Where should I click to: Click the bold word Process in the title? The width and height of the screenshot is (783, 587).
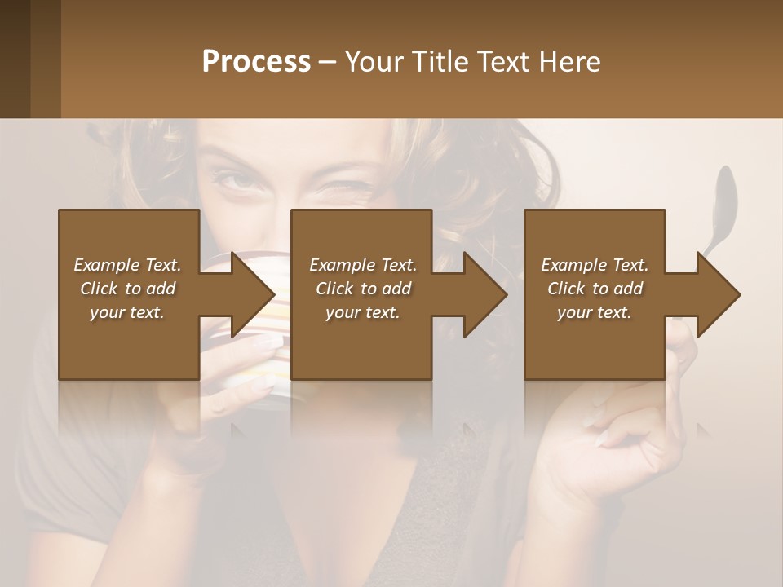pyautogui.click(x=256, y=62)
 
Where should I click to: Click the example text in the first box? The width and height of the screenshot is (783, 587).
pyautogui.click(x=127, y=289)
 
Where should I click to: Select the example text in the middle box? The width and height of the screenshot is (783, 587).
pyautogui.click(x=362, y=289)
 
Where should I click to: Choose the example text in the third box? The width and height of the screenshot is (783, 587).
pyautogui.click(x=595, y=289)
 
